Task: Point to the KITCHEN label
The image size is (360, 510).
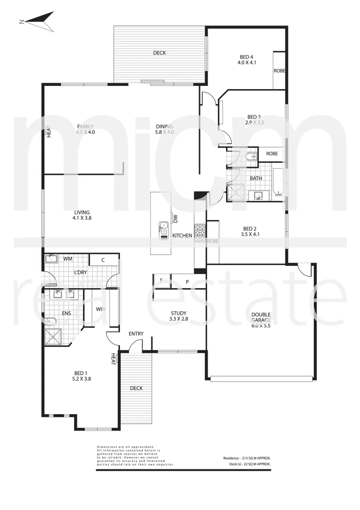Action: coord(182,235)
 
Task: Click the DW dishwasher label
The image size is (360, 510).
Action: coord(175,218)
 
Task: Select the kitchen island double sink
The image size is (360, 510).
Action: coord(163,229)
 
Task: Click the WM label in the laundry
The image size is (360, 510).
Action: coord(68,259)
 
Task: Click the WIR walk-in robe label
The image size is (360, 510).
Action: coord(100,310)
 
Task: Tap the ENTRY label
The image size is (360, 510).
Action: coord(136,334)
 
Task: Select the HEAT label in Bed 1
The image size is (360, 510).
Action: coord(113,360)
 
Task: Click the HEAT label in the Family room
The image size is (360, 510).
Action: coord(48,131)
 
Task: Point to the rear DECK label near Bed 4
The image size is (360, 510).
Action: coord(159,53)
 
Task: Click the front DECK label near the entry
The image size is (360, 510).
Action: coord(136,388)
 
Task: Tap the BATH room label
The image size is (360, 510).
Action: coord(256,178)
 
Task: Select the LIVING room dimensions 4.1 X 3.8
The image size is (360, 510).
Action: coord(81,219)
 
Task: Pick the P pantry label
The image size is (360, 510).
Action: coord(187,282)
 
